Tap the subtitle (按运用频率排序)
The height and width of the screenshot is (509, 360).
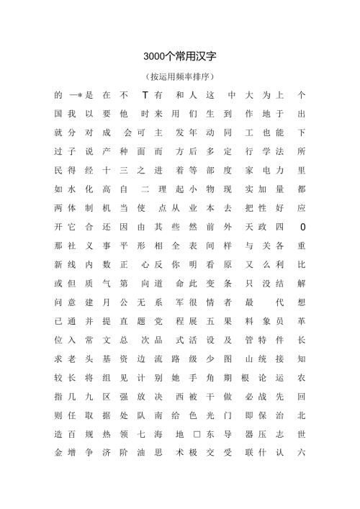click(179, 76)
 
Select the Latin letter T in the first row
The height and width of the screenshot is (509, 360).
click(145, 95)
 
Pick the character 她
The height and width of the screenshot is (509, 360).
click(178, 377)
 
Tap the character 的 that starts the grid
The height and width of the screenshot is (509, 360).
click(58, 95)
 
